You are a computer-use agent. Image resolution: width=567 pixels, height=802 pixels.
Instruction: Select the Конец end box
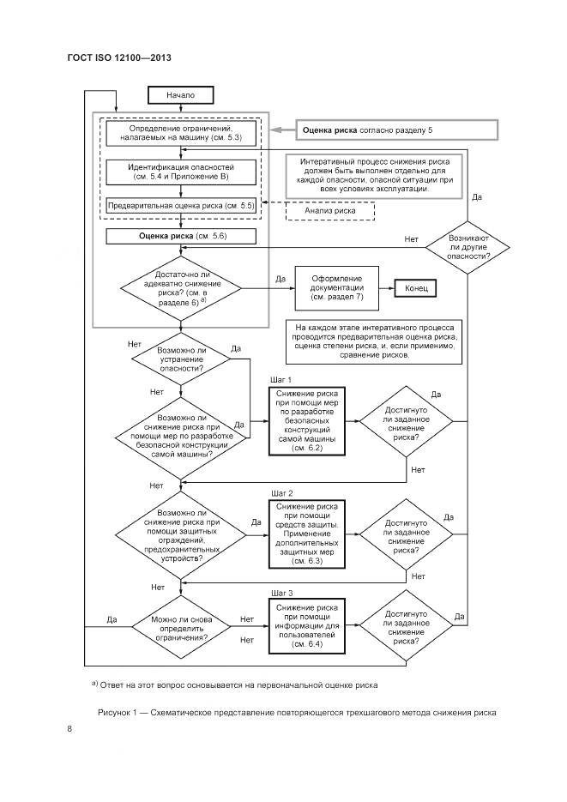click(416, 289)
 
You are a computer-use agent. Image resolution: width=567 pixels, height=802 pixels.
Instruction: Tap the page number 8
click(69, 729)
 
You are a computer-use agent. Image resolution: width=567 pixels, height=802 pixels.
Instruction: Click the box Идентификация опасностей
click(180, 171)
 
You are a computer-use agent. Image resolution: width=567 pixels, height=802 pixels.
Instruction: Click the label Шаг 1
click(282, 378)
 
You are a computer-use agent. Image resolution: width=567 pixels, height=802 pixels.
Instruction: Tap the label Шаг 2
click(282, 493)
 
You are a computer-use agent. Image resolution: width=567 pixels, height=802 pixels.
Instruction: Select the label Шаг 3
click(282, 593)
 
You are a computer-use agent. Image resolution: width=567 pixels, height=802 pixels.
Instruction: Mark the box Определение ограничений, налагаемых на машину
click(180, 132)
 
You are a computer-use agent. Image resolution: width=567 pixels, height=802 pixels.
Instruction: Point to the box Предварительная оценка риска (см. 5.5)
click(180, 206)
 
